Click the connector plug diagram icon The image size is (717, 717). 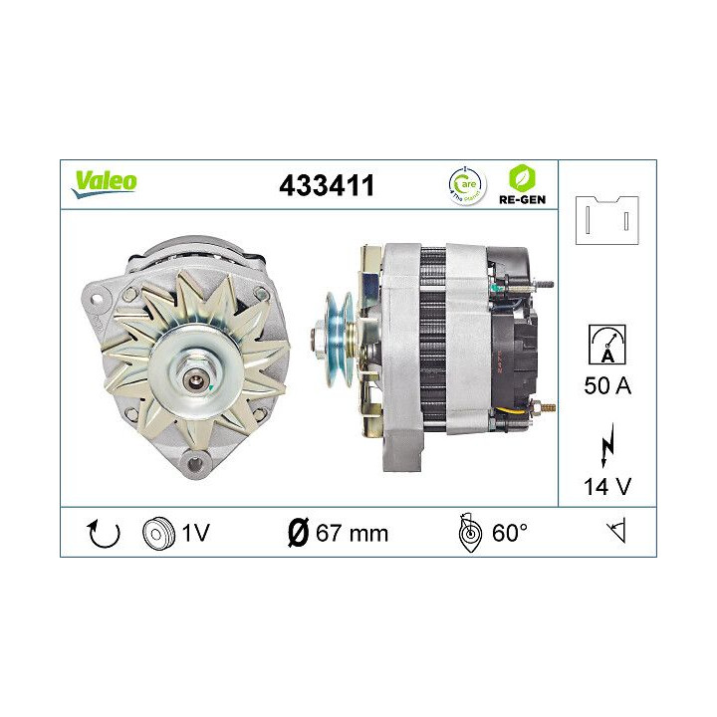coord(607,219)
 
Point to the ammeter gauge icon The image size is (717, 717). coord(607,344)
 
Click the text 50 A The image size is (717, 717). coord(607,386)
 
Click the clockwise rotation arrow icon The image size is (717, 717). coord(104,534)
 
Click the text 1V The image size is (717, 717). coord(195,534)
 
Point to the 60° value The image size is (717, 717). coord(509,534)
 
